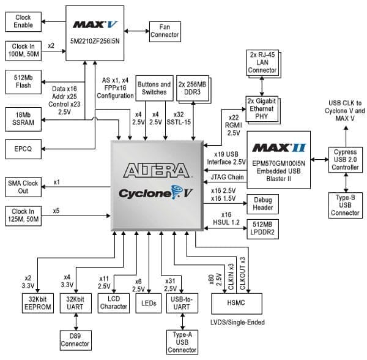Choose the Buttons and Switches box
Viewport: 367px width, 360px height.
154,88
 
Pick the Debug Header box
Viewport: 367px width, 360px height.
262,204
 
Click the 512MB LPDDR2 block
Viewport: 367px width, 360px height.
262,228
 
